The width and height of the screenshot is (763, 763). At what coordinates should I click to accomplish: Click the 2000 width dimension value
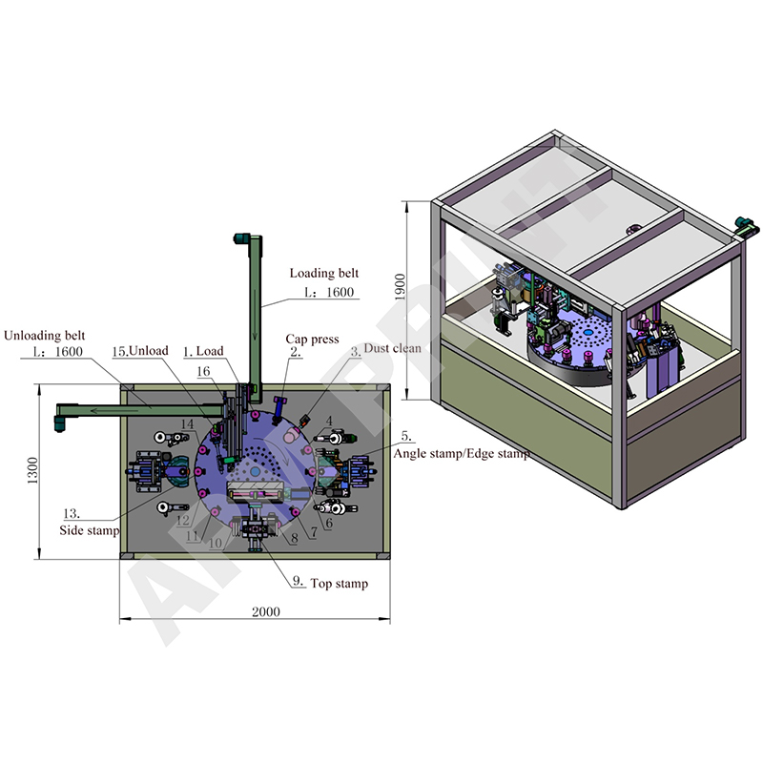[x=253, y=612]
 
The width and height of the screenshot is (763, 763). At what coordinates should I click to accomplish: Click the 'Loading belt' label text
[x=324, y=274]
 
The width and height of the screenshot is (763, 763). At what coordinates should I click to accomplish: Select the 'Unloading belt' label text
[x=45, y=336]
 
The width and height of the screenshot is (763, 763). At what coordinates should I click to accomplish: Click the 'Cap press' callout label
[x=312, y=339]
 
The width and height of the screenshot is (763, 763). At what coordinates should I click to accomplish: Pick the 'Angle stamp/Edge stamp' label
[x=461, y=455]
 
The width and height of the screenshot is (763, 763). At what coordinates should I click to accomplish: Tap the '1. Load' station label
[x=203, y=351]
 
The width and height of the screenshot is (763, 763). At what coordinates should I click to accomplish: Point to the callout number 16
[x=202, y=371]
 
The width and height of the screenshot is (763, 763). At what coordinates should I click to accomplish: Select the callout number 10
[x=216, y=542]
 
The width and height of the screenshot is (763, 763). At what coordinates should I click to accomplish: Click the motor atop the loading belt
[x=242, y=238]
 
